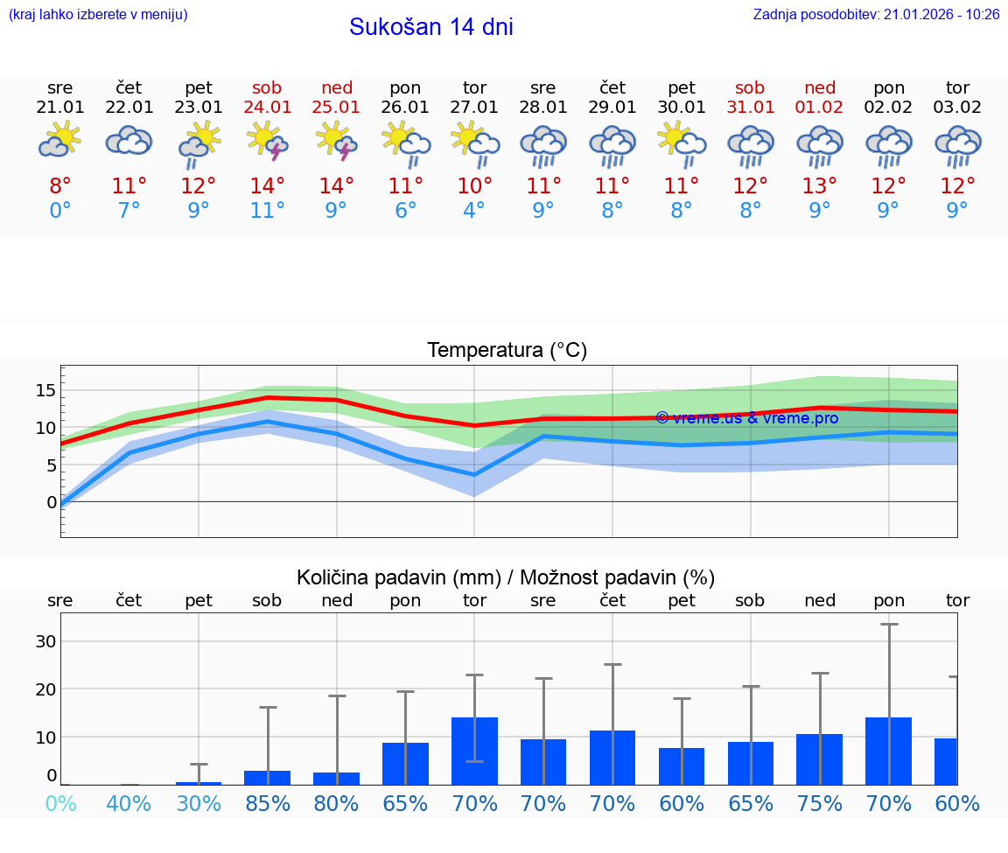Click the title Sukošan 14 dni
click(430, 27)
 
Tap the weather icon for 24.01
click(268, 143)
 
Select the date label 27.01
click(474, 108)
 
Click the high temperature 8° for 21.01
click(60, 186)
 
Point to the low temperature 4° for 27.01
click(474, 211)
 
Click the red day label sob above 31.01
click(750, 87)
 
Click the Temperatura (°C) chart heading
click(507, 351)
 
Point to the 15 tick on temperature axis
click(45, 390)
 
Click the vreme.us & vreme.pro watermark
click(747, 418)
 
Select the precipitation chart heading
click(506, 577)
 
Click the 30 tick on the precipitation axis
click(45, 641)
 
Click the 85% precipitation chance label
click(268, 804)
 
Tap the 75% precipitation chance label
click(820, 804)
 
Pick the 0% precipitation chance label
click(60, 804)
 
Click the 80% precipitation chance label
click(337, 804)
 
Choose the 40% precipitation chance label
click(129, 804)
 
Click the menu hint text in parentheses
click(98, 15)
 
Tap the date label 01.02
click(820, 108)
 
